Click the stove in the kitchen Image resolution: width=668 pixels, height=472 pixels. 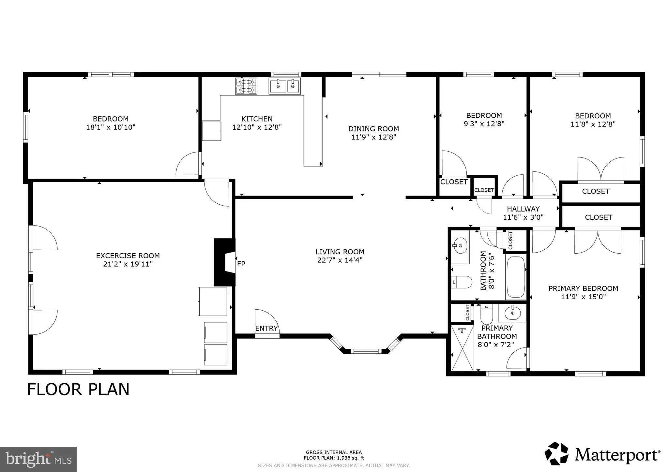pos(246,86)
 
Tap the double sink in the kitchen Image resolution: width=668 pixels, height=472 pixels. pos(285,86)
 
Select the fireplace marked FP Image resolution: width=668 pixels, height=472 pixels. pos(224,262)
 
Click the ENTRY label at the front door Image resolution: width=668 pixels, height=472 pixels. pos(266,328)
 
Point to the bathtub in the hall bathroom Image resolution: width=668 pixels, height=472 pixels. pos(516,277)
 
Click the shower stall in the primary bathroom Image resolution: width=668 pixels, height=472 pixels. pos(462,348)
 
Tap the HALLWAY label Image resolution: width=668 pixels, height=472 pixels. pos(523,209)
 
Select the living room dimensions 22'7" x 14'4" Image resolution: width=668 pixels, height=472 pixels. pos(340,260)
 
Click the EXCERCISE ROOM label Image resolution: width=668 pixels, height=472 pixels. pos(128,256)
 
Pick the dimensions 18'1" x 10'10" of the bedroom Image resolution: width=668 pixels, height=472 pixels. pos(111,127)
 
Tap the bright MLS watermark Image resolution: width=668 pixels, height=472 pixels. pos(38,459)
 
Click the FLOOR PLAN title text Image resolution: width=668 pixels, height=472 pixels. pos(78,389)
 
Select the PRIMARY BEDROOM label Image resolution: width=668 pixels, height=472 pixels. pos(583,288)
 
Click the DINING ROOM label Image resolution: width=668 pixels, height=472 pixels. pos(373,129)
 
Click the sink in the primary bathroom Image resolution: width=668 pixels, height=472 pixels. pos(512,313)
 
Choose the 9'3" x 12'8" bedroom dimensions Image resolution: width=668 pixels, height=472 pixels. pos(484,124)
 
